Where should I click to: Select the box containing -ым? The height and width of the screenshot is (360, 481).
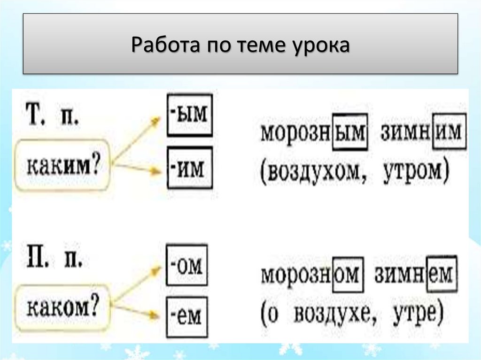189,115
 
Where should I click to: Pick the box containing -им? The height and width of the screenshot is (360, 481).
189,167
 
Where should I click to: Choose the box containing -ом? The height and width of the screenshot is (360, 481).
186,266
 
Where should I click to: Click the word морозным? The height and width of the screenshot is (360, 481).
313,132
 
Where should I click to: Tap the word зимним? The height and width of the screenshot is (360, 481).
423,131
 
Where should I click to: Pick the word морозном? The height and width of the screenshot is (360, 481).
312,274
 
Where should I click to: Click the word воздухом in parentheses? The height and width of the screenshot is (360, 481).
319,172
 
